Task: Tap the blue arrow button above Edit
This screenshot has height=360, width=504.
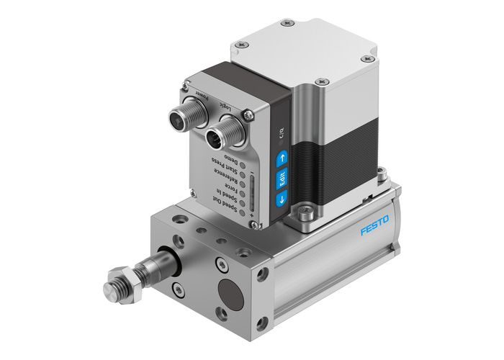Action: coord(282,156)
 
